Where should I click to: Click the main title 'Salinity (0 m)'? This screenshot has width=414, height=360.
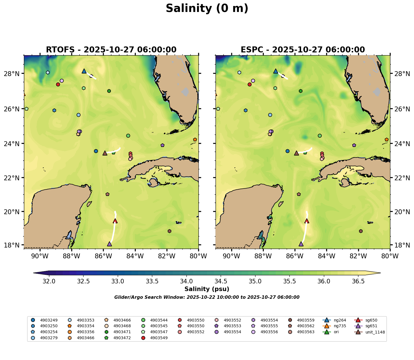pos(207,9)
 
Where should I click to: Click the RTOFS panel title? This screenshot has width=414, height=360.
pos(111,50)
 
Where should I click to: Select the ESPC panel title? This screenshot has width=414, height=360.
pos(303,50)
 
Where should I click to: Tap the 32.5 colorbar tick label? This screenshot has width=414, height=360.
pos(83,281)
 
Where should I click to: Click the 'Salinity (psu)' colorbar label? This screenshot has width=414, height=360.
pos(207,289)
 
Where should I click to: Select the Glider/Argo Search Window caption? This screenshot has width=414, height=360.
pos(207,297)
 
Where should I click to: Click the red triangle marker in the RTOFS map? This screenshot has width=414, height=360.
pos(115,221)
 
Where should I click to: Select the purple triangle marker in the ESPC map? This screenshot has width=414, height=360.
pos(301,244)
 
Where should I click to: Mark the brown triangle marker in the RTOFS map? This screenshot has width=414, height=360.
pos(105,153)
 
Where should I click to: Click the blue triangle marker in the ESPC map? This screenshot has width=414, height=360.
pos(276,71)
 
